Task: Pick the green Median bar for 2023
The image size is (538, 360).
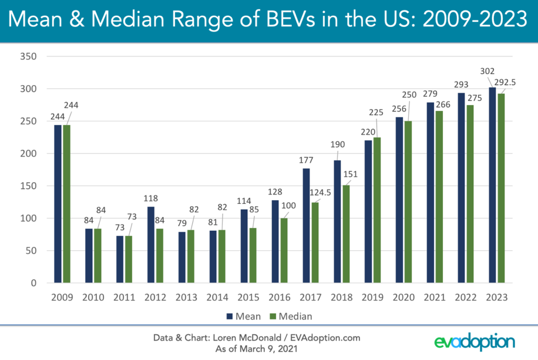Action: tap(500, 188)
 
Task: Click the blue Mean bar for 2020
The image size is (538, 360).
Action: tap(399, 200)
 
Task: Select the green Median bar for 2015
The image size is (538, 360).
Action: tap(252, 255)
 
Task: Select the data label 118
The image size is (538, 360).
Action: tap(151, 198)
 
